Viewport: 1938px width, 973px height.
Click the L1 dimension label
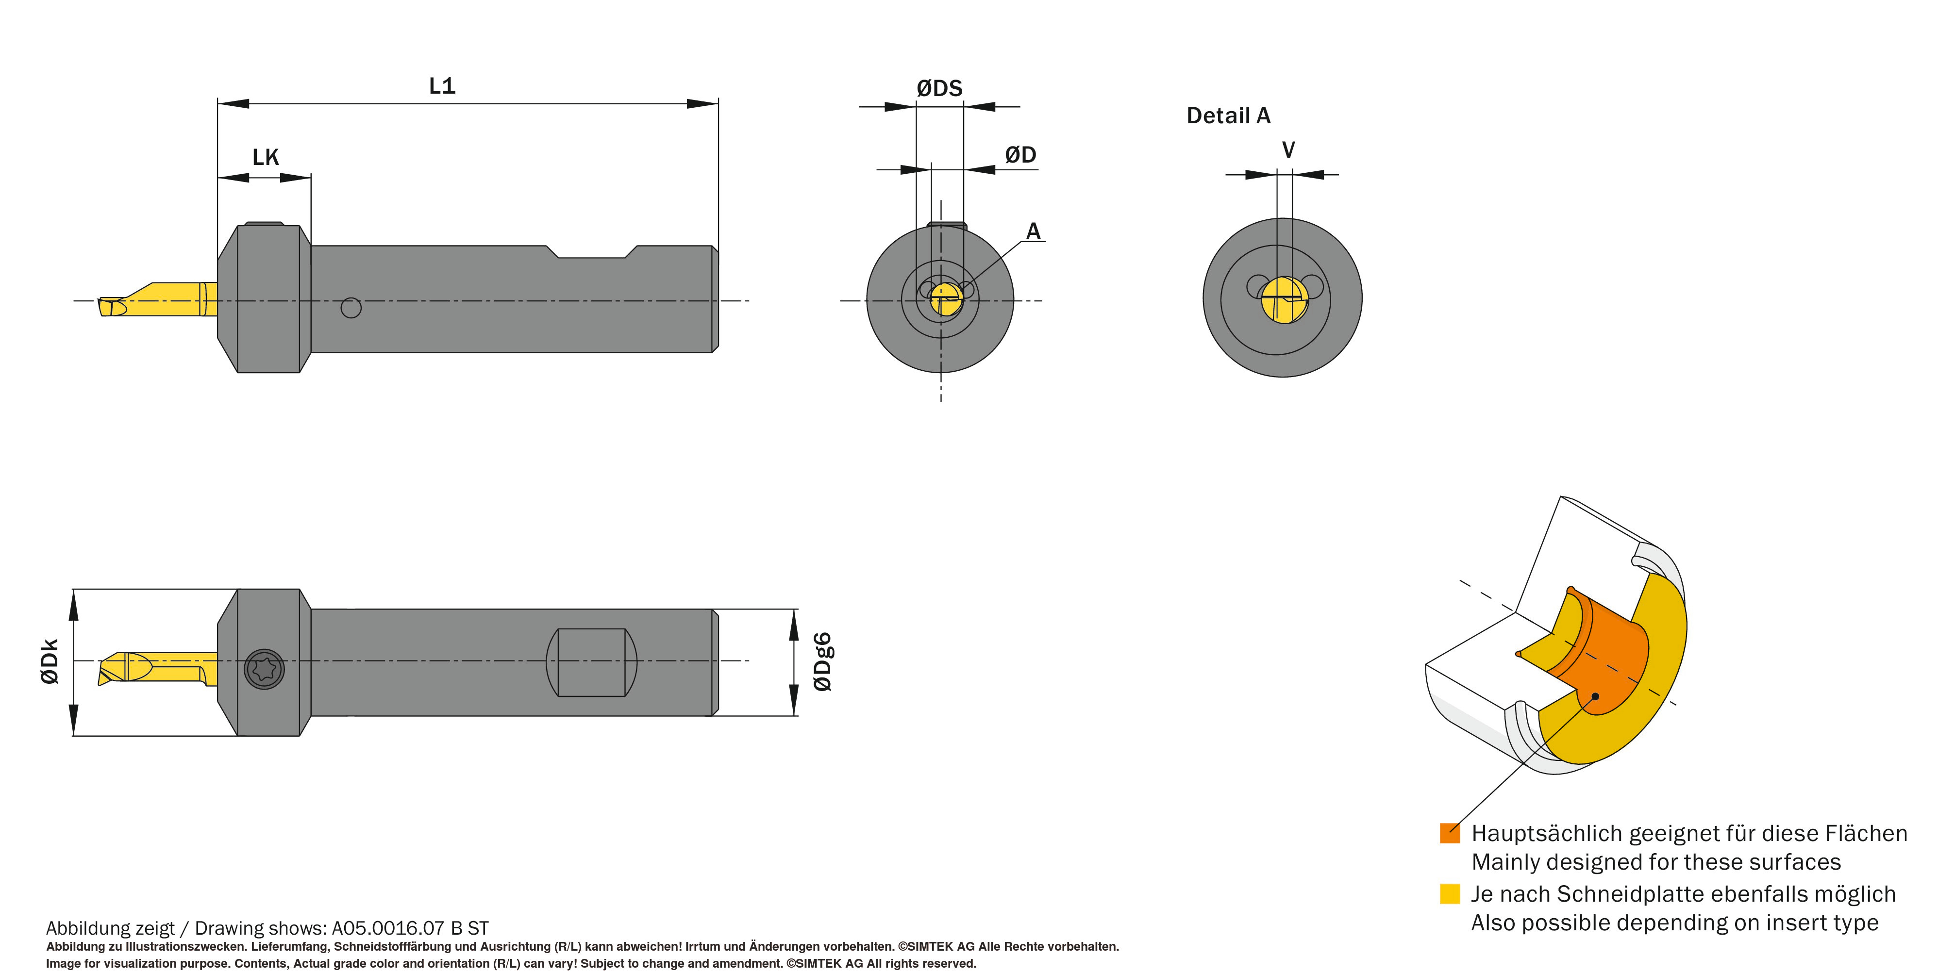tap(442, 86)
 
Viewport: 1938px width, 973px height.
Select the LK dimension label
tap(266, 157)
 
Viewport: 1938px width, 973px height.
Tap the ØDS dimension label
tap(940, 89)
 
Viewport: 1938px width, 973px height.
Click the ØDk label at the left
tap(50, 662)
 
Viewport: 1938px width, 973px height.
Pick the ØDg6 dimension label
tap(823, 662)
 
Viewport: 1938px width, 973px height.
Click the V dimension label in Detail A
tap(1288, 150)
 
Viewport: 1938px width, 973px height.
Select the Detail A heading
tap(1228, 116)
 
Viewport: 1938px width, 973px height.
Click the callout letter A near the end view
tap(1034, 231)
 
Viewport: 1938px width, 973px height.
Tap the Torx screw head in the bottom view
tap(265, 668)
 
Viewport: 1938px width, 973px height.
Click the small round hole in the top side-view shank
tap(351, 308)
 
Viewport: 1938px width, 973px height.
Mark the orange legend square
tap(1450, 833)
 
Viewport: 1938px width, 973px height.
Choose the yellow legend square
tap(1450, 893)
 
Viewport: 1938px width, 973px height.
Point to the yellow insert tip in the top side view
tap(113, 306)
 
